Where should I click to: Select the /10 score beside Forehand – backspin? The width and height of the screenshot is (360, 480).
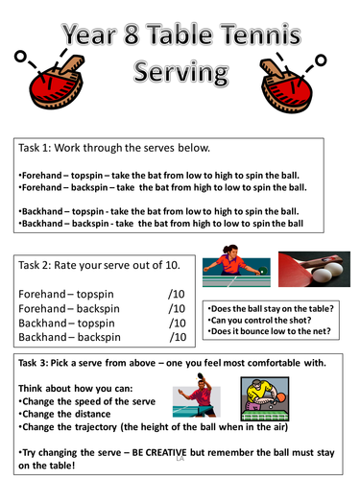click(176, 308)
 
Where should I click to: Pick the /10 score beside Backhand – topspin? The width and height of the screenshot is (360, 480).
click(176, 323)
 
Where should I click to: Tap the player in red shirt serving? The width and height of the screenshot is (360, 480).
click(231, 272)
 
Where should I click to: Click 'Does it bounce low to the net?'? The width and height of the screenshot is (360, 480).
click(266, 332)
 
